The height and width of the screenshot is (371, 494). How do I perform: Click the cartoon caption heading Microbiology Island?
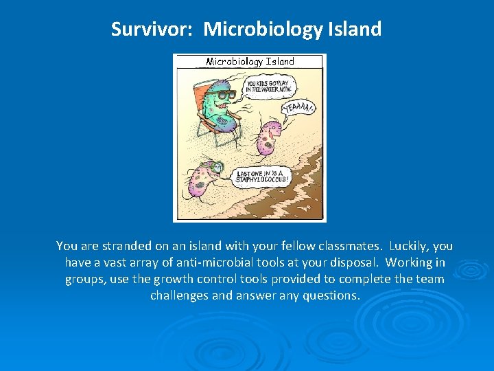pos(250,62)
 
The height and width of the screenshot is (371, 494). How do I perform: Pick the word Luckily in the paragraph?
pos(410,246)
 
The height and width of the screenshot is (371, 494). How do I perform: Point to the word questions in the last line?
pos(333,296)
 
